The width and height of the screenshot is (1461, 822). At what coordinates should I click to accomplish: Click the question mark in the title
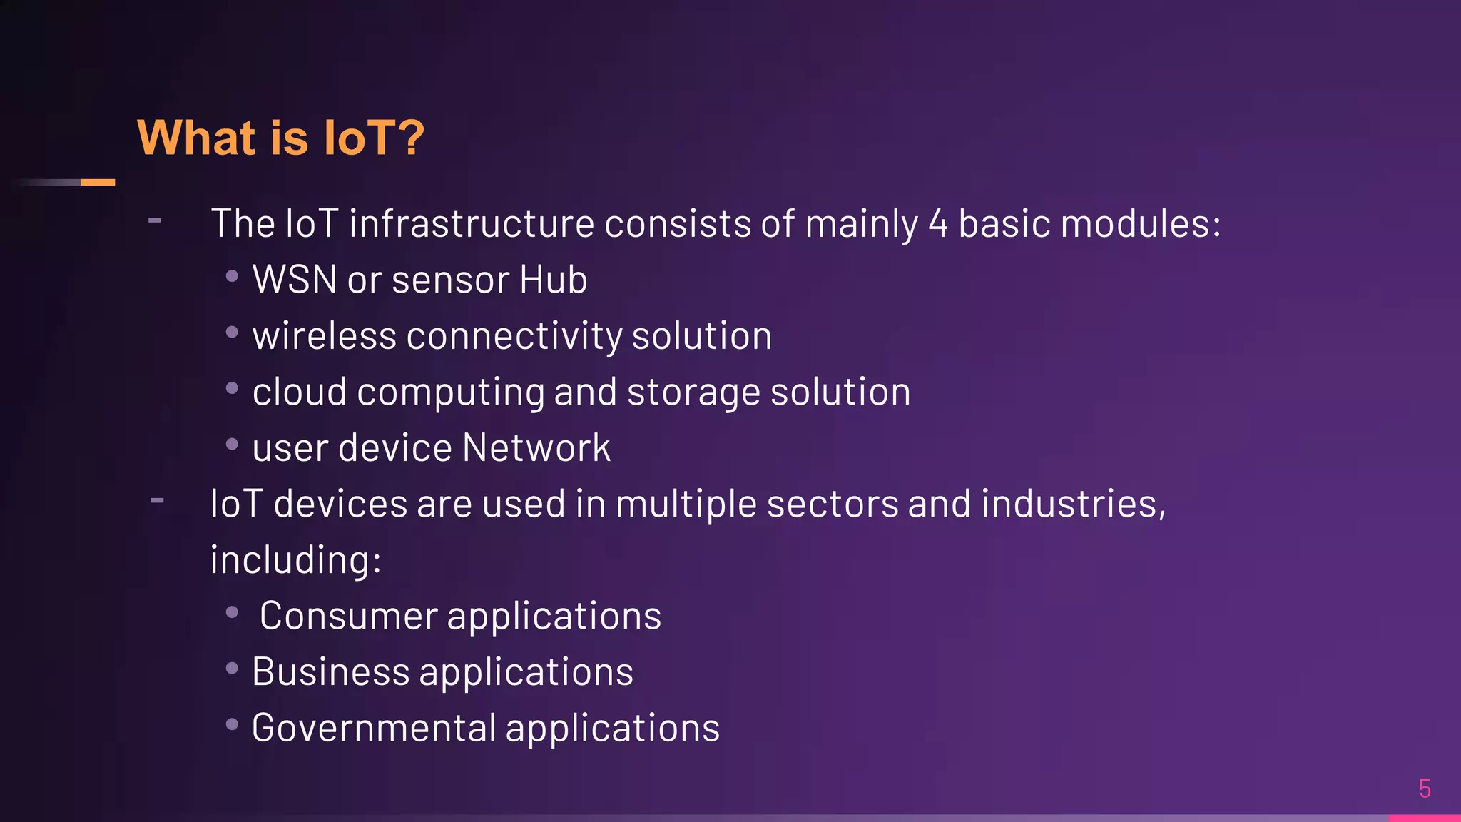(409, 137)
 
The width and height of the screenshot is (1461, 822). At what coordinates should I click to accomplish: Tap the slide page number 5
(1425, 789)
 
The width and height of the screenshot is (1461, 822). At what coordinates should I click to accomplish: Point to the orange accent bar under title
(98, 183)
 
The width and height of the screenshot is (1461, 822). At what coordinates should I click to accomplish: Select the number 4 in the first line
(938, 224)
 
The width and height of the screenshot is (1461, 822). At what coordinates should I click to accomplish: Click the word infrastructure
(472, 224)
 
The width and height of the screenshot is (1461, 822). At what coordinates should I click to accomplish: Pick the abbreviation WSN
(295, 280)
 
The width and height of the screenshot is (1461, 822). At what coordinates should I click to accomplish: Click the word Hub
(553, 280)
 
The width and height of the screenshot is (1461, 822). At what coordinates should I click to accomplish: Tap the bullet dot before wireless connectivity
(232, 332)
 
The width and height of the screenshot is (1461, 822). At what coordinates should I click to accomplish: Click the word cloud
(300, 392)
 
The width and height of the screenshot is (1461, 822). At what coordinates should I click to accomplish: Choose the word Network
(536, 448)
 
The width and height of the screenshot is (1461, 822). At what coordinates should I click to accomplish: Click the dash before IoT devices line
(158, 501)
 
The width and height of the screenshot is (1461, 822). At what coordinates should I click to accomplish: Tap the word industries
(1070, 504)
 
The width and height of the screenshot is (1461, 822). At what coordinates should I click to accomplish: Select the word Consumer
(348, 616)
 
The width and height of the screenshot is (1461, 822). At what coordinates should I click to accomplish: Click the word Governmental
(374, 728)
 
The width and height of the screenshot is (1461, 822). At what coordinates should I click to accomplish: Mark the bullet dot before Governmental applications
(232, 724)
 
